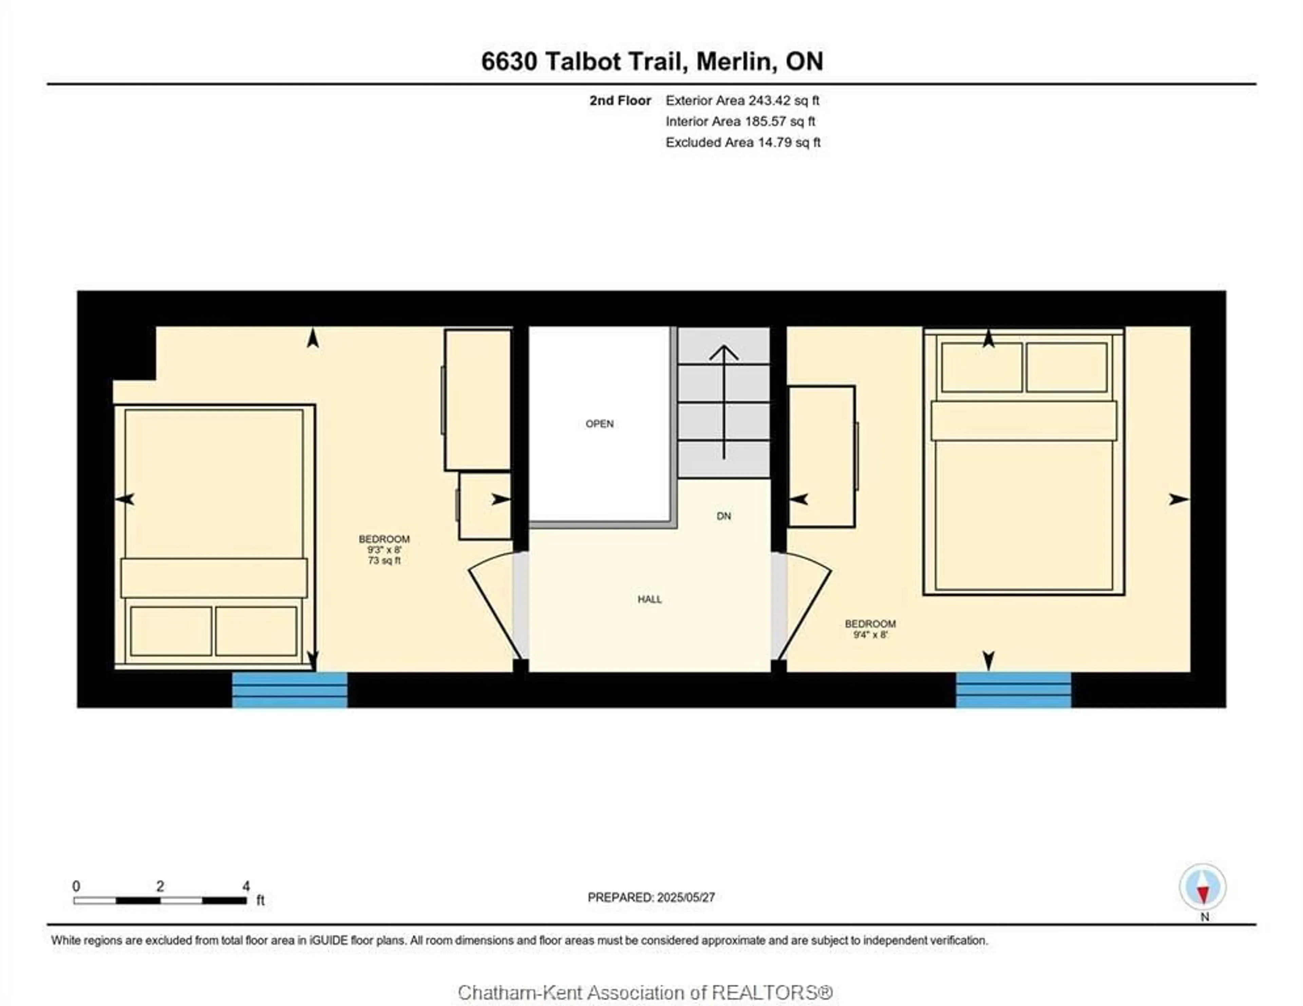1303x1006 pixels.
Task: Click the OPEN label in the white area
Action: (x=599, y=424)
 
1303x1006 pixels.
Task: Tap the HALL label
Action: (x=649, y=599)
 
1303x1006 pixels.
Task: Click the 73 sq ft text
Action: (x=384, y=560)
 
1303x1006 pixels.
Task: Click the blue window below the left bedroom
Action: (x=289, y=690)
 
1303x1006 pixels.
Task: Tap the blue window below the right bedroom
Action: (x=1013, y=690)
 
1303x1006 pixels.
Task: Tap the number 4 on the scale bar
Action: (x=246, y=886)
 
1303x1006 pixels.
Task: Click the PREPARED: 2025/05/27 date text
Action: (x=651, y=897)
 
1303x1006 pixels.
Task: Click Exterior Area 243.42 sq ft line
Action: (x=742, y=100)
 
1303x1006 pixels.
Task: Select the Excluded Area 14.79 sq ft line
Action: (x=743, y=142)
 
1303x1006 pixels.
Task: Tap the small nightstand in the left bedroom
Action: (x=485, y=506)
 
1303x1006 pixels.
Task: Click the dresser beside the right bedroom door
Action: (x=822, y=457)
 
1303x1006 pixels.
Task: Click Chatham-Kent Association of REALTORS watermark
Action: (x=645, y=992)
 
